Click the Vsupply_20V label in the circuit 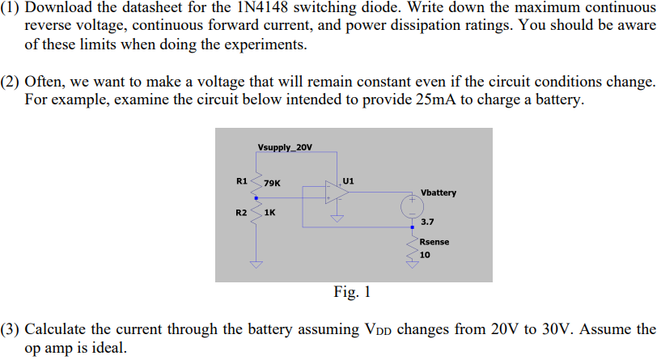click(284, 147)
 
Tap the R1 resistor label click(241, 180)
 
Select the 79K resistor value click(273, 183)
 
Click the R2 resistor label click(241, 213)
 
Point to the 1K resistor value click(270, 214)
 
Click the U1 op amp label click(348, 180)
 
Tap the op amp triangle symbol click(333, 193)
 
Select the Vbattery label click(439, 193)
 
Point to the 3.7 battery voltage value click(427, 222)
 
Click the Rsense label click(434, 242)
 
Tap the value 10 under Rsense click(425, 254)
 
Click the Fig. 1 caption click(352, 292)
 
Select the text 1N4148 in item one click(226, 8)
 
